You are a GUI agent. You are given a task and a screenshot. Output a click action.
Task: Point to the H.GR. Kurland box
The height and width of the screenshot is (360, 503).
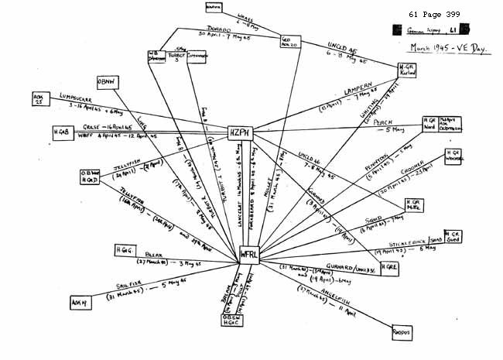click(407, 70)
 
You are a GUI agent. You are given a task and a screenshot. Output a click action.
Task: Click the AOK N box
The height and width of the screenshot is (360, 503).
click(80, 302)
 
